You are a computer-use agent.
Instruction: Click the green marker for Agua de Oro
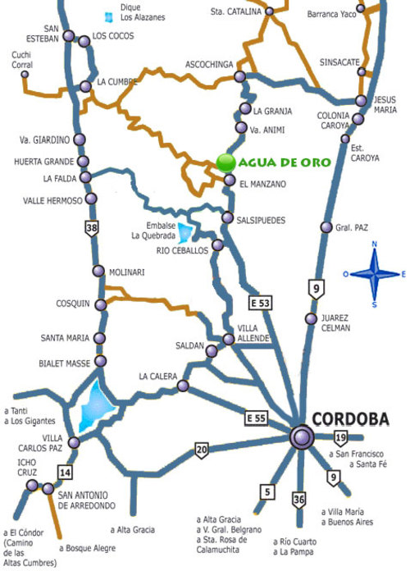pos(225,162)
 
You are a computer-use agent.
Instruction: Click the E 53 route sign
pos(261,304)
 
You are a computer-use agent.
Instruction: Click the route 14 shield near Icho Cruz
pos(65,472)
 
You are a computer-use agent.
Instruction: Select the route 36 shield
pos(299,500)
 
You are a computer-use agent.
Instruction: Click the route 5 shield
pos(266,492)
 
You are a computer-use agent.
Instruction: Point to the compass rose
pos(373,274)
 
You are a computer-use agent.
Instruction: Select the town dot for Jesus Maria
pos(362,101)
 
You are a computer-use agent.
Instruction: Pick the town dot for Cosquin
pos(101,304)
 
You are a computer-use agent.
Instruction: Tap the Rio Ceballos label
pos(181,252)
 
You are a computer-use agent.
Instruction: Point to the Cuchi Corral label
pos(21,59)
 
